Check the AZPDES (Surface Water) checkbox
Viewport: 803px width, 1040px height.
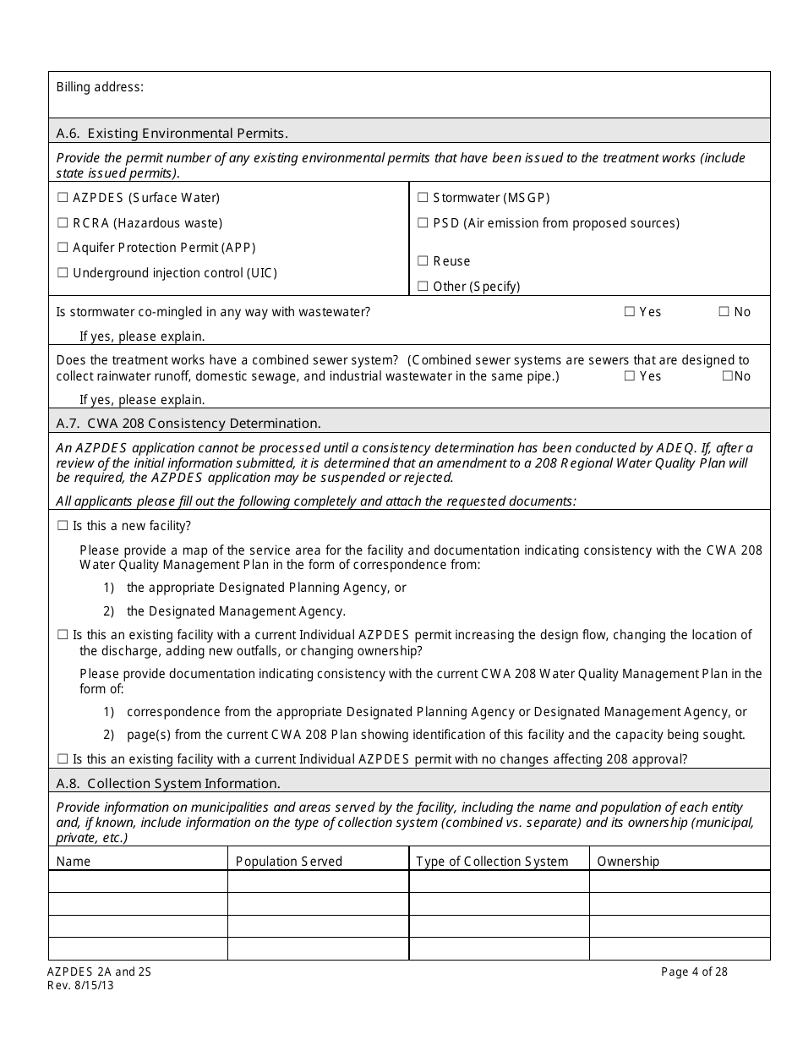click(x=62, y=198)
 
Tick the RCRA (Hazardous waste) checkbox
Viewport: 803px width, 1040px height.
click(x=62, y=223)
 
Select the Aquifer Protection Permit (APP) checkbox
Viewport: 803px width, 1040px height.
click(x=62, y=248)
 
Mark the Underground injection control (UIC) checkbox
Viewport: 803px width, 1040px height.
click(x=62, y=273)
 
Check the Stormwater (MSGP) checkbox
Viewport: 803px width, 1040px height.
click(x=423, y=198)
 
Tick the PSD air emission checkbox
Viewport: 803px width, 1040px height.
click(x=423, y=223)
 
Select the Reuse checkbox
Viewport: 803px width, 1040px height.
click(x=423, y=261)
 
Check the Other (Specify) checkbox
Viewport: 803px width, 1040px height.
click(x=423, y=287)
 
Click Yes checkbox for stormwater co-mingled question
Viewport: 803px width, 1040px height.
click(x=629, y=312)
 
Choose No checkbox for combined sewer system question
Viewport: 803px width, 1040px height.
click(x=727, y=376)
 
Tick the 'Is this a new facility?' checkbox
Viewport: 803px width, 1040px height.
click(x=62, y=526)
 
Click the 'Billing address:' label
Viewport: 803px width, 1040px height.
click(x=100, y=87)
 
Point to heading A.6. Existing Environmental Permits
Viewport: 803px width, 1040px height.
click(x=172, y=133)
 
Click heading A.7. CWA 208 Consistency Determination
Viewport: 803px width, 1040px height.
click(x=188, y=423)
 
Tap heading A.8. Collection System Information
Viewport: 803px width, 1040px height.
click(x=167, y=783)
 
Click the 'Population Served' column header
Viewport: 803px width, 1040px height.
click(x=288, y=862)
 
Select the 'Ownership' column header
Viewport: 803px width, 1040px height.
click(x=628, y=862)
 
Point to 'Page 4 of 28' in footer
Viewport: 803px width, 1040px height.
click(x=694, y=972)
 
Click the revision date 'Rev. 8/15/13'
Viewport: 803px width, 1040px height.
click(x=79, y=985)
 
